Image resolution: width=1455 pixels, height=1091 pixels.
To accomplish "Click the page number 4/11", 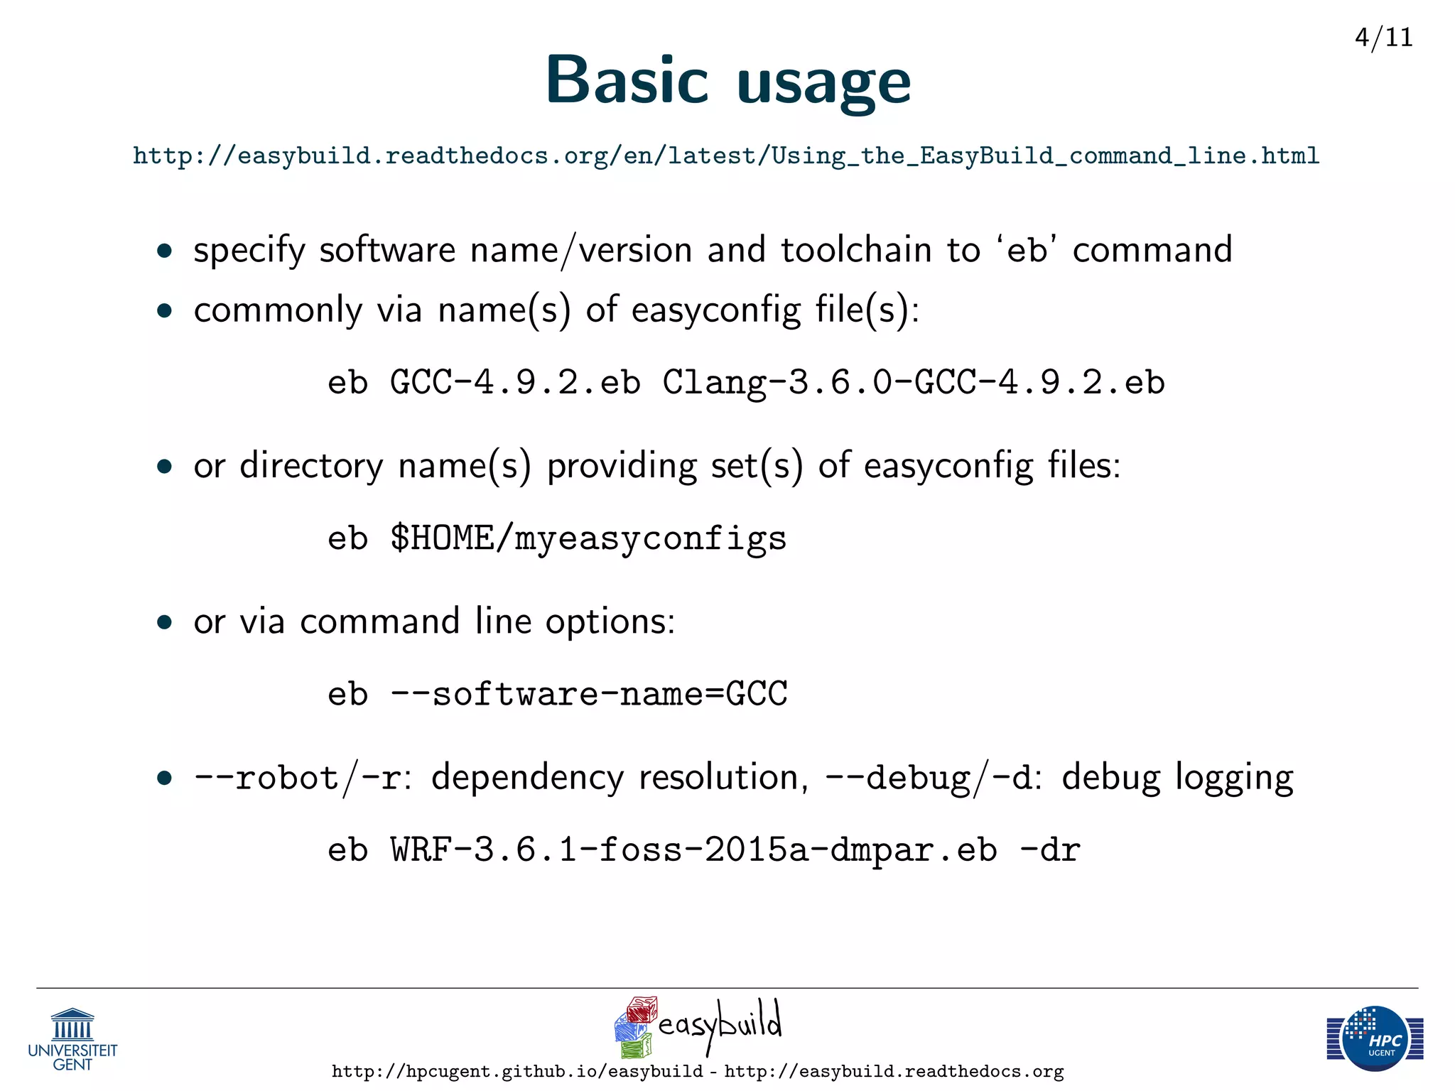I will click(1383, 37).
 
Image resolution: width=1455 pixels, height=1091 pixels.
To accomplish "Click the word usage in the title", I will click(823, 84).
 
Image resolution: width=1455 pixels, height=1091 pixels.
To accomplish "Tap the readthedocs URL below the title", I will click(725, 156).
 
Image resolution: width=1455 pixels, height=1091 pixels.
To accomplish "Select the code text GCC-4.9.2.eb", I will click(515, 383).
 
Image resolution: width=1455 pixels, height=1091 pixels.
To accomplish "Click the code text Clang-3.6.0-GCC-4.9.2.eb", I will click(914, 383).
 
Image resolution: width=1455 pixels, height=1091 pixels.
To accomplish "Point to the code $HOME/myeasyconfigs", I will click(588, 538).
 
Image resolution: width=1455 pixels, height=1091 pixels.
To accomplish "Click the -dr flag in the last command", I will click(1049, 850).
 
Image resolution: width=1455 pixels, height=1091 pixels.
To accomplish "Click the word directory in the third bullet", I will click(310, 467).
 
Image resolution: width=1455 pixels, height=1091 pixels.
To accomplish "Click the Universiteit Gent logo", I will click(72, 1040).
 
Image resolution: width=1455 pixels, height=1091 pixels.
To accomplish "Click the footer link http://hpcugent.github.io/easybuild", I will click(517, 1072).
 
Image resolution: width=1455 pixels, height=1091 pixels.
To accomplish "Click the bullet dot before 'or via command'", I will click(165, 623).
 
